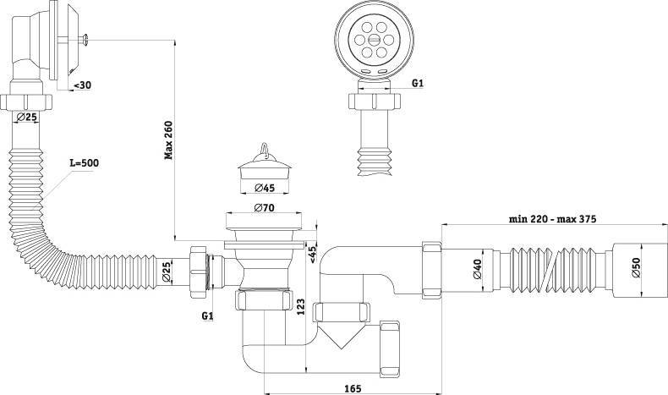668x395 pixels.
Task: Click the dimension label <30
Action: tap(82, 85)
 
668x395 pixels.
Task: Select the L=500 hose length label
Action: tap(85, 162)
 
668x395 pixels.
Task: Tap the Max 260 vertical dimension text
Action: tap(169, 140)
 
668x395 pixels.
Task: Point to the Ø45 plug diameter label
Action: tap(265, 188)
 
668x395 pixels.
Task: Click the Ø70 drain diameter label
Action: tap(264, 208)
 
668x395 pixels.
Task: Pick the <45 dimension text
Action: tap(312, 254)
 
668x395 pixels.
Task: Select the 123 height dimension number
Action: tap(301, 307)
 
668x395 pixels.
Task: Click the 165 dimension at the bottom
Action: tap(353, 388)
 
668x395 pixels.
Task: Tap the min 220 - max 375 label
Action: tap(552, 219)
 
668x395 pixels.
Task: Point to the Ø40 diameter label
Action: tap(477, 269)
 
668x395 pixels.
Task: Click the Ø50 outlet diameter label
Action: tap(636, 267)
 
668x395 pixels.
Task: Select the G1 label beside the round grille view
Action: tap(418, 83)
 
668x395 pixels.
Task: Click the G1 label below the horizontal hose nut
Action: tap(207, 315)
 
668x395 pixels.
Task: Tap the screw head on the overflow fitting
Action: tap(86, 40)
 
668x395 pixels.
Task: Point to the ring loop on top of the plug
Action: tap(264, 148)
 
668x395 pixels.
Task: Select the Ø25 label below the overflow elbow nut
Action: tap(26, 117)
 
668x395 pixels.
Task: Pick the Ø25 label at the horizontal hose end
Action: tap(166, 272)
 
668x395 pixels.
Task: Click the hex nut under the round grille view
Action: tap(375, 101)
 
